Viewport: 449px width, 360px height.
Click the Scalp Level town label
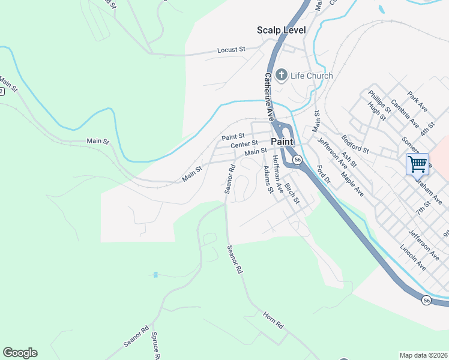click(281, 30)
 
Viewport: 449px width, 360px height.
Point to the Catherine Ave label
click(269, 95)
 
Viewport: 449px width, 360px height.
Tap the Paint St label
click(233, 137)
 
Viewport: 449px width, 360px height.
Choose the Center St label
click(244, 144)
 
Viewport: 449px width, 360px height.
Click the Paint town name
click(282, 141)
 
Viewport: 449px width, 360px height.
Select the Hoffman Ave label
click(277, 169)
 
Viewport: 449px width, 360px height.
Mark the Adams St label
click(268, 180)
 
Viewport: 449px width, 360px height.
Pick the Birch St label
click(292, 193)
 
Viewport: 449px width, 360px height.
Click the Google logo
click(20, 353)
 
